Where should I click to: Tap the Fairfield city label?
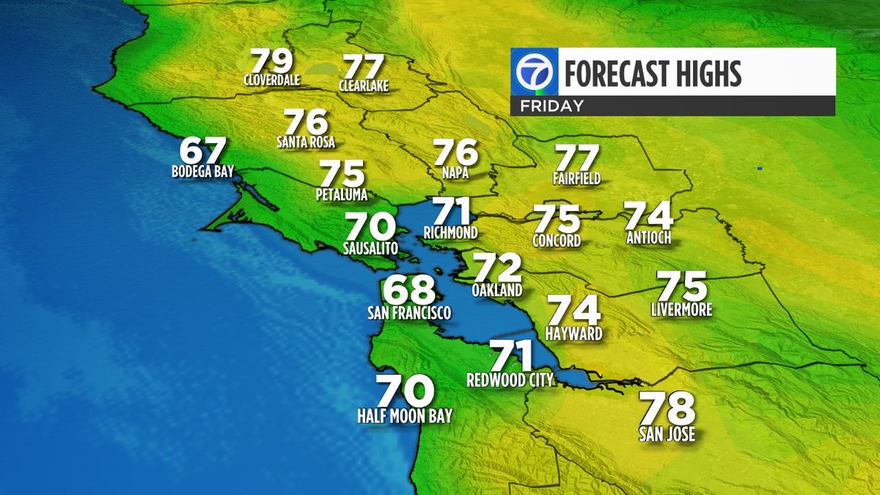577,179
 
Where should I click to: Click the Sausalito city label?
370,249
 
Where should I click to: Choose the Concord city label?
557,241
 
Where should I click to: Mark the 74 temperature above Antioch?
649,215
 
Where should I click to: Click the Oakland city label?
497,290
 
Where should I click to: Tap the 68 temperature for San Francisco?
409,290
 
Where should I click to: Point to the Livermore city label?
681,310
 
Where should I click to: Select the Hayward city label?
574,334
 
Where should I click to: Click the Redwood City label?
510,380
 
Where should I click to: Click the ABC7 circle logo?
535,72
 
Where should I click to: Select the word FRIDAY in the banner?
551,106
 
